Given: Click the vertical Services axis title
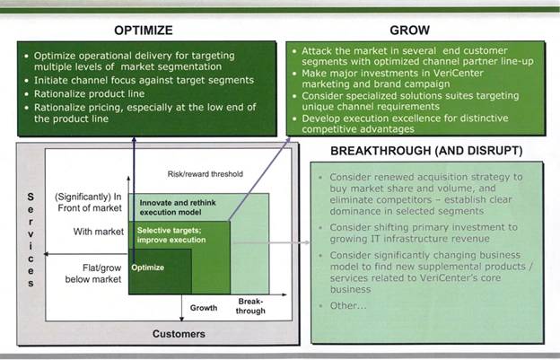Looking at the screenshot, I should (31, 237).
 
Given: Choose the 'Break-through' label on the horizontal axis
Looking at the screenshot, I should (250, 305).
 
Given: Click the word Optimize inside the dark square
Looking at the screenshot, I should (148, 267).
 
